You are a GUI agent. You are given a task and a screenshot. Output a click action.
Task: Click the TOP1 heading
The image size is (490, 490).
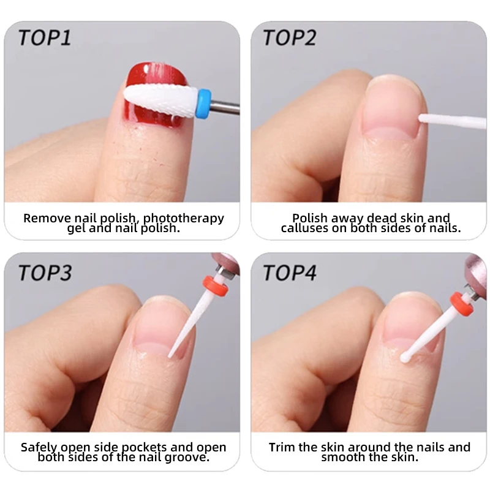point(45,37)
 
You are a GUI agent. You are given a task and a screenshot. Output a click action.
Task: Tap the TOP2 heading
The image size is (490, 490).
point(290,37)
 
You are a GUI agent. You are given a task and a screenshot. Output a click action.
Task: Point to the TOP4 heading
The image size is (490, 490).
point(290,272)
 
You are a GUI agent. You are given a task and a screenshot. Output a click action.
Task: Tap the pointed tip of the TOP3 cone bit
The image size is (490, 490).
point(170,355)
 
